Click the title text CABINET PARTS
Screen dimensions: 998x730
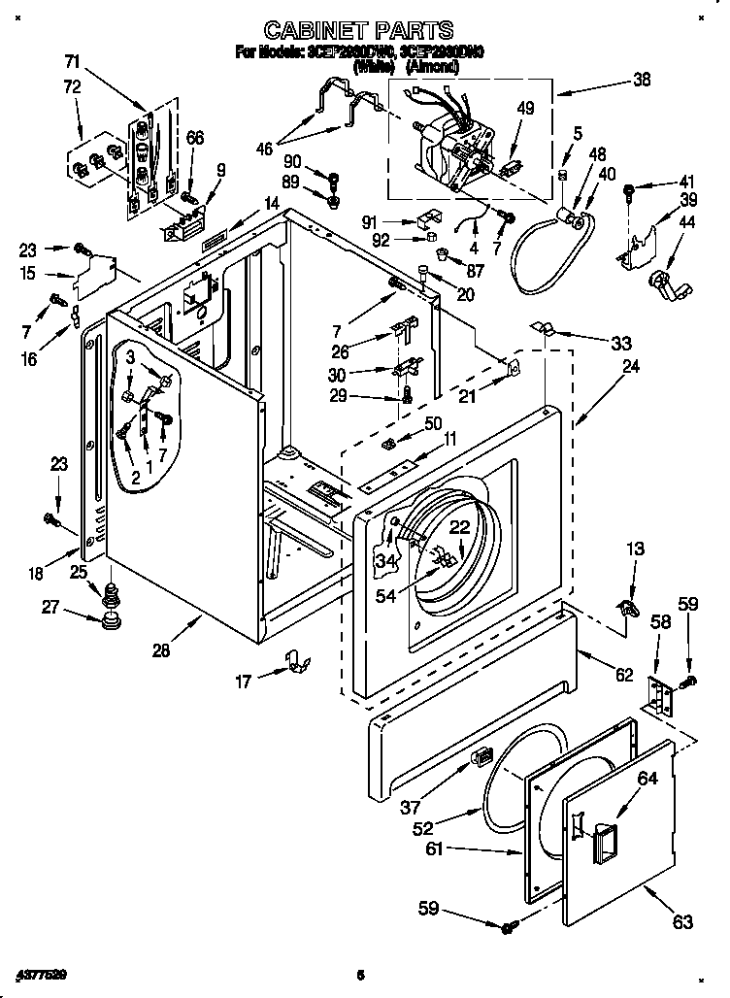[x=358, y=33]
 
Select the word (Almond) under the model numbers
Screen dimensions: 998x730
[x=433, y=66]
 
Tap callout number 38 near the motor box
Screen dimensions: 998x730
[x=641, y=82]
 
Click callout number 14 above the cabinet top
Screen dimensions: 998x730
[x=271, y=204]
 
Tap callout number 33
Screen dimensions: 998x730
[x=620, y=342]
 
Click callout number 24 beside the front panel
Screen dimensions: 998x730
[x=630, y=367]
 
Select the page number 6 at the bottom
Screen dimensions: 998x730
[x=359, y=974]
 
